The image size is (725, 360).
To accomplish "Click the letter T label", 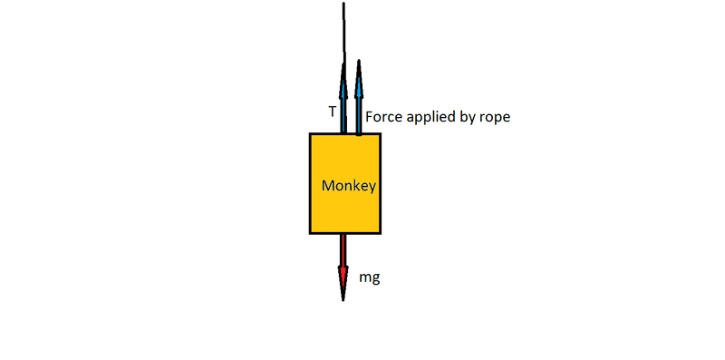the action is [x=333, y=112].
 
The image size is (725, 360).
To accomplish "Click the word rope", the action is [x=496, y=119].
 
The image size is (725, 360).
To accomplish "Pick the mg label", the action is [x=370, y=278].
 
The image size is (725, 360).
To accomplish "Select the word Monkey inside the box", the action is [x=349, y=186].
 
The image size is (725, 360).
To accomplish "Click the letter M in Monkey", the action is [x=328, y=186].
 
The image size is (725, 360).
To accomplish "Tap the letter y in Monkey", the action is [x=372, y=189].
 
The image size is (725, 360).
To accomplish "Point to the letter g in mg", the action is [x=375, y=280].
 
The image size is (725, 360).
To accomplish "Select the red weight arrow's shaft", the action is [x=343, y=250].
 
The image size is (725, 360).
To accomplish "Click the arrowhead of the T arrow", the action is [x=343, y=80].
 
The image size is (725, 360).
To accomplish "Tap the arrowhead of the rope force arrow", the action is [x=358, y=79].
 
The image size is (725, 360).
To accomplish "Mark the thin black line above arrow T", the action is [x=343, y=33].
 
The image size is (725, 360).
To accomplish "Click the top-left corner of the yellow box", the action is [x=310, y=133].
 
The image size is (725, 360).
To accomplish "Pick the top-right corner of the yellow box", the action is [x=380, y=133].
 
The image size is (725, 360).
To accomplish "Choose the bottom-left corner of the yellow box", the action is [x=310, y=233].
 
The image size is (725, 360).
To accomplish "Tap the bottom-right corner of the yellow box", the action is [x=380, y=233].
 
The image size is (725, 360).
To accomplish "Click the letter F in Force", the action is [x=370, y=117].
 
